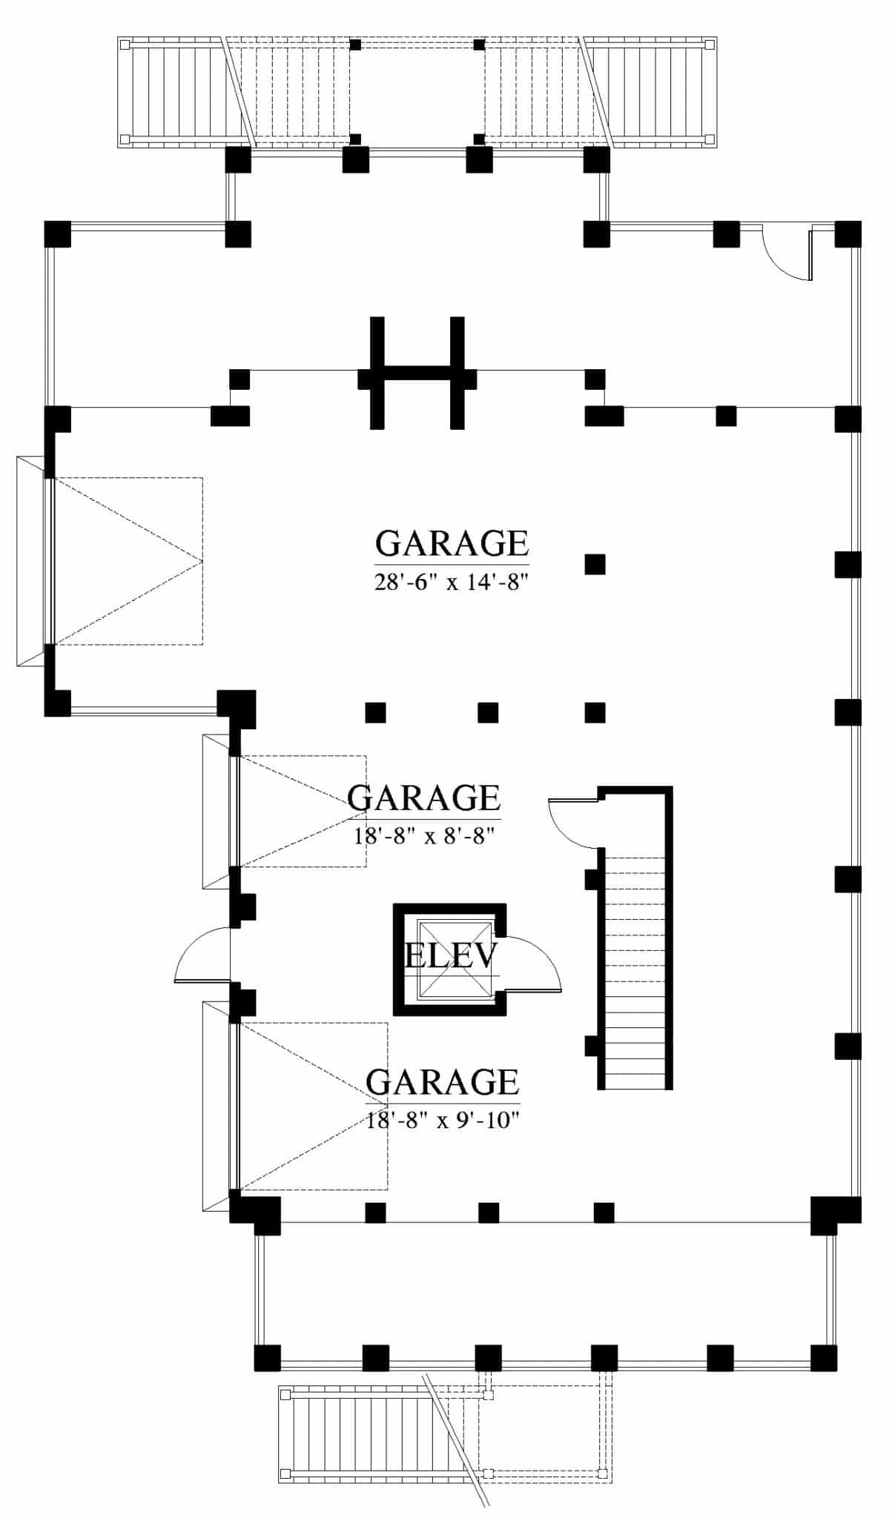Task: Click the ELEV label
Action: (x=449, y=956)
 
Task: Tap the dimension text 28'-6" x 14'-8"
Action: (x=451, y=583)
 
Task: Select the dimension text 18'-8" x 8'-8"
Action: (x=424, y=837)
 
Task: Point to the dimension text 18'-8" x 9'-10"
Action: (x=442, y=1120)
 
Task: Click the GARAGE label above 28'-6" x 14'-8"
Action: (x=451, y=543)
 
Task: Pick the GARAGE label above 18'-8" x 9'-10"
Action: (x=442, y=1082)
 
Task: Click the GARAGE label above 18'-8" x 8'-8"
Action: (x=424, y=798)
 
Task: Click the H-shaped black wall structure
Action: (x=417, y=373)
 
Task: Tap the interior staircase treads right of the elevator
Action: (x=635, y=971)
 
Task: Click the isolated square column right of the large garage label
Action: (x=595, y=565)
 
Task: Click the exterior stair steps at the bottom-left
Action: (x=356, y=1435)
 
